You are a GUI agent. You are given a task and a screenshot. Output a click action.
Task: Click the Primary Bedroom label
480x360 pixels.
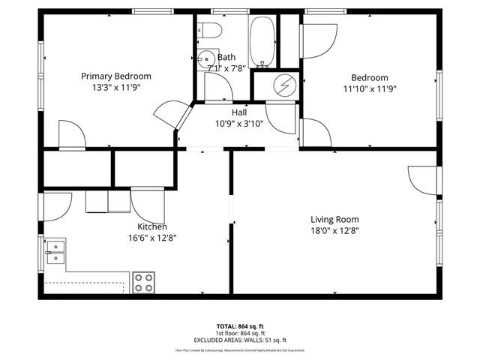pyautogui.click(x=116, y=76)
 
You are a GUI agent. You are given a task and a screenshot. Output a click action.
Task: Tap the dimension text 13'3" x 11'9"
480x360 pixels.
pyautogui.click(x=116, y=87)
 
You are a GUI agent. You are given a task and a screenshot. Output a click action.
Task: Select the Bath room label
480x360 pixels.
pyautogui.click(x=226, y=58)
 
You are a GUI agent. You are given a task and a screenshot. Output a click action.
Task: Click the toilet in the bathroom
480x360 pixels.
pyautogui.click(x=209, y=31)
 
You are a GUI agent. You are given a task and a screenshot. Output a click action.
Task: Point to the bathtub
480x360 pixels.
pyautogui.click(x=262, y=39)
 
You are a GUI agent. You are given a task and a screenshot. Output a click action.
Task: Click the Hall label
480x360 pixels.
pyautogui.click(x=239, y=112)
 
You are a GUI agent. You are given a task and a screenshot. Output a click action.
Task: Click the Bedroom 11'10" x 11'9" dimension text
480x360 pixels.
pyautogui.click(x=370, y=88)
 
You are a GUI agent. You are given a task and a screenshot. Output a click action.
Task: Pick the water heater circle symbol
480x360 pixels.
pyautogui.click(x=285, y=85)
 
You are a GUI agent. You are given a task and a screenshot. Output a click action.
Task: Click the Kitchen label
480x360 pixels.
pyautogui.click(x=151, y=226)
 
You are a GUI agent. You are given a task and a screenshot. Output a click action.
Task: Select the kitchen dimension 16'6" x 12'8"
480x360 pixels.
pyautogui.click(x=151, y=238)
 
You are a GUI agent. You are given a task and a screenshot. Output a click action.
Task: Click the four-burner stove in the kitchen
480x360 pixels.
pyautogui.click(x=143, y=282)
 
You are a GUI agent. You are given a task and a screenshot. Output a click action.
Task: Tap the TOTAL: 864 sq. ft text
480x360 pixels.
pyautogui.click(x=239, y=326)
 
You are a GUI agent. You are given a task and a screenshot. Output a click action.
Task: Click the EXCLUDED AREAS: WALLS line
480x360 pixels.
pyautogui.click(x=239, y=340)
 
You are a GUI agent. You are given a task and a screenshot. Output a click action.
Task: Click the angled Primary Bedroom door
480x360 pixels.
pyautogui.click(x=168, y=115)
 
